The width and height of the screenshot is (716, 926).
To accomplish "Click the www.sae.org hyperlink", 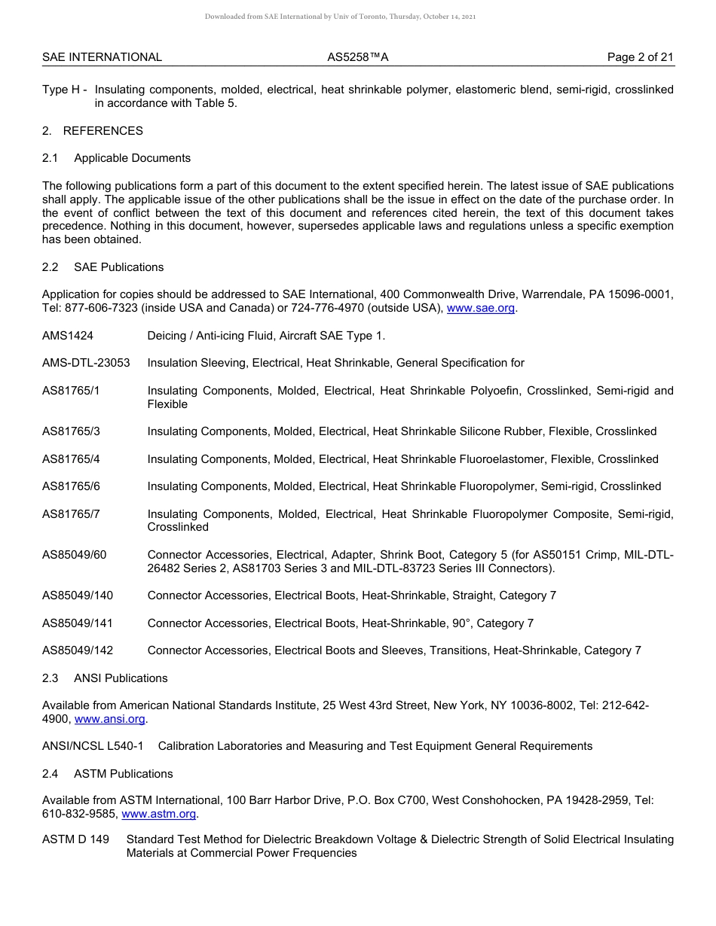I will click(481, 308).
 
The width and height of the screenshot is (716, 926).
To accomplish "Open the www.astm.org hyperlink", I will click(159, 814).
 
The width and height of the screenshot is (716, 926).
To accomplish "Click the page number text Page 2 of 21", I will click(641, 57).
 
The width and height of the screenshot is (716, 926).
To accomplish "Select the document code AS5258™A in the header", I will click(358, 57).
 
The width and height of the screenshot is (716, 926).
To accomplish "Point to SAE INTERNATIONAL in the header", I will click(102, 57).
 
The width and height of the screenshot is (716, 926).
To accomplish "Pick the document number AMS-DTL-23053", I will click(86, 363).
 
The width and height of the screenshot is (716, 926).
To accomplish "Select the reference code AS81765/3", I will click(71, 431).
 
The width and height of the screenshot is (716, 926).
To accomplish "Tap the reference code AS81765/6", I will click(71, 486).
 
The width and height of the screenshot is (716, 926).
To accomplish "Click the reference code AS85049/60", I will click(74, 555).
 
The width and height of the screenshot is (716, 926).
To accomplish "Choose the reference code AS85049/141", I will click(77, 623).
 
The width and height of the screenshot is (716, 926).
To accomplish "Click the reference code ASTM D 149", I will click(75, 839).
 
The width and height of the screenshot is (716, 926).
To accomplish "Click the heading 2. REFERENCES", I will click(93, 131).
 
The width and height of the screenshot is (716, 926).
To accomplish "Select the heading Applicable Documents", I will click(132, 158).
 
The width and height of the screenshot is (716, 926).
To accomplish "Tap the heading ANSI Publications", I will click(121, 678).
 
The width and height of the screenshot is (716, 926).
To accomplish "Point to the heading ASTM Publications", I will click(123, 774).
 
